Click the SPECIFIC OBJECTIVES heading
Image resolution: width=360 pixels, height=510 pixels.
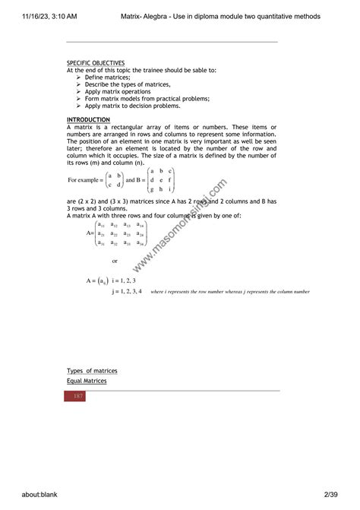[x=96, y=63]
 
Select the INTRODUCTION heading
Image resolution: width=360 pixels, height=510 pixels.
[x=88, y=119]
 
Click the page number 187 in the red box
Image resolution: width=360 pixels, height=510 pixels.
[x=78, y=397]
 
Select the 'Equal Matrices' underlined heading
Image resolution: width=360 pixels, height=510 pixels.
[x=87, y=380]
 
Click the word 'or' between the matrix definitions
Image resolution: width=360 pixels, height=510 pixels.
[x=115, y=261]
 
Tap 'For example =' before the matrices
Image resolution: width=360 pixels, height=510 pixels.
[x=86, y=179]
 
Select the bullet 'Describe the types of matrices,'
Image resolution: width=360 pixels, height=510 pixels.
[x=128, y=84]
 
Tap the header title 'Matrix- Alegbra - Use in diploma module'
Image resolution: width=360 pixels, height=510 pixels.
[x=220, y=16]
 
